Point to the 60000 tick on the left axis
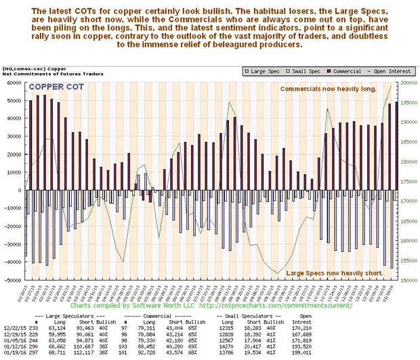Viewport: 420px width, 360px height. tap(14, 83)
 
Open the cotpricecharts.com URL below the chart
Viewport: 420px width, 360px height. tap(271, 305)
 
